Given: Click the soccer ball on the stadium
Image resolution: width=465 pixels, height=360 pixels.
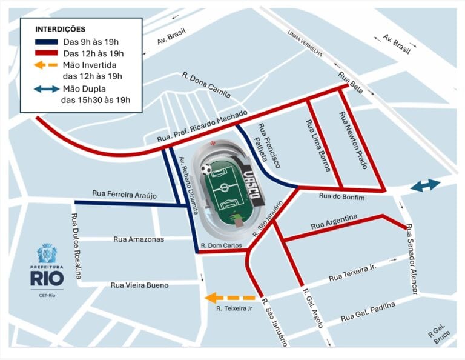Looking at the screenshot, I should (206, 169).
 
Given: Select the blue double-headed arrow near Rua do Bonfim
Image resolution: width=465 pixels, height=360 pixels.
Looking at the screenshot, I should (425, 186).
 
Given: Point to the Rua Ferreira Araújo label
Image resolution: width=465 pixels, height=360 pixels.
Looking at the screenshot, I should (125, 194).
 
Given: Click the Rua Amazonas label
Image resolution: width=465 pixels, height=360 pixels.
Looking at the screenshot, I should (139, 239).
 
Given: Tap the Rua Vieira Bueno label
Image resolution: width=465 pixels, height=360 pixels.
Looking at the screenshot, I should (139, 285).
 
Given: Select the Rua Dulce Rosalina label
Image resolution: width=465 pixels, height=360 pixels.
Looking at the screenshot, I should (76, 246).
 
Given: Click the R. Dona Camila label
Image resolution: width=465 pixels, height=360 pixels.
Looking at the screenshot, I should (206, 85).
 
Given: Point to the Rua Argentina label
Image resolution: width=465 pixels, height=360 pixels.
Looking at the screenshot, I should (334, 222).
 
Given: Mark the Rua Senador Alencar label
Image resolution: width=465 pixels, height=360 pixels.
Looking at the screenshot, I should (412, 259).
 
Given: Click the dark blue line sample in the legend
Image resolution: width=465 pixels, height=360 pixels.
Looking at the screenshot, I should (46, 42).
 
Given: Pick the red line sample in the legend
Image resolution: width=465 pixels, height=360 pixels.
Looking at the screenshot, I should (46, 53).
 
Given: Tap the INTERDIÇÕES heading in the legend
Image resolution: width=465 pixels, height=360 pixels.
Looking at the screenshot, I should (60, 29).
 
